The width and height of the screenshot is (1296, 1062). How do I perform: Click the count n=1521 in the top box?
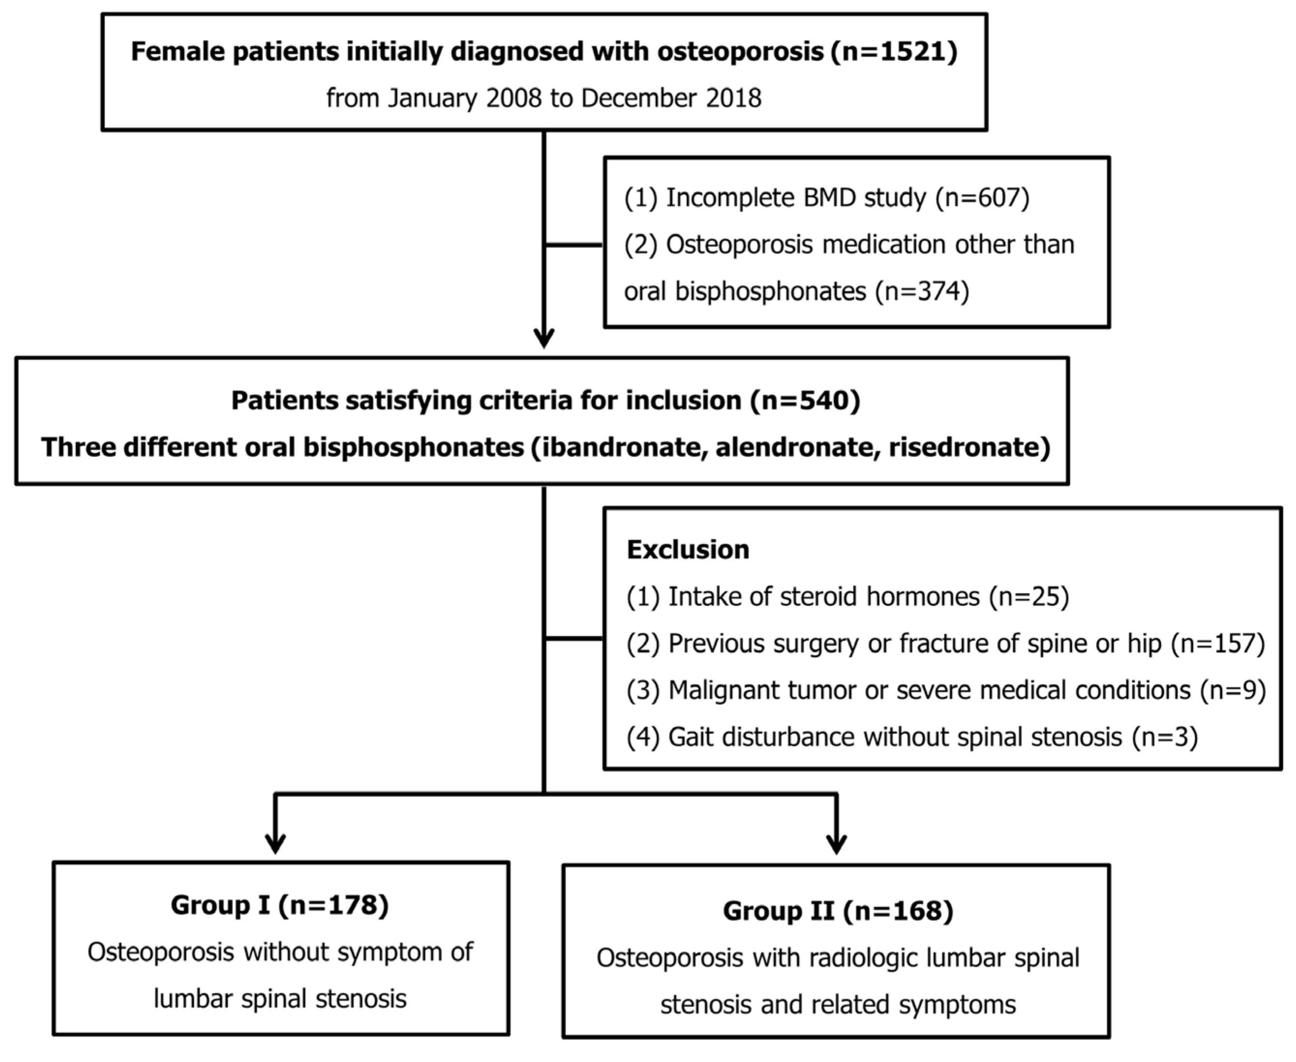coord(894,51)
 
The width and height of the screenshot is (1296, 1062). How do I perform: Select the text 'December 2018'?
coord(671,98)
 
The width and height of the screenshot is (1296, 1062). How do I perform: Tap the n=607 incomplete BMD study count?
coord(983,198)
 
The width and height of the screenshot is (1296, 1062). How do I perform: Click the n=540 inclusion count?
coord(805,401)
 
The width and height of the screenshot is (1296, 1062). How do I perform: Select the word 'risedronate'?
coord(965,447)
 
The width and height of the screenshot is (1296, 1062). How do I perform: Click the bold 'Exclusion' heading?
coord(688,549)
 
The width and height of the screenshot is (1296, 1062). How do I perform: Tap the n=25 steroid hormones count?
coord(1029,596)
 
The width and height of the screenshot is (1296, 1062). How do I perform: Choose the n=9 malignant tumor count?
coord(1233,690)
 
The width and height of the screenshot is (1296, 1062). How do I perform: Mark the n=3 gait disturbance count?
coord(1164,737)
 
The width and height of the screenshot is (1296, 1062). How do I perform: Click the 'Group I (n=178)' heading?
coord(279,905)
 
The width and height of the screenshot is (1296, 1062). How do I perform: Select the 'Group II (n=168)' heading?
coord(838,911)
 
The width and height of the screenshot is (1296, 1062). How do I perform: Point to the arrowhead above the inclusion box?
coord(544,338)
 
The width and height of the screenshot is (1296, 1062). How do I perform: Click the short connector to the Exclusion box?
coord(574,638)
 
